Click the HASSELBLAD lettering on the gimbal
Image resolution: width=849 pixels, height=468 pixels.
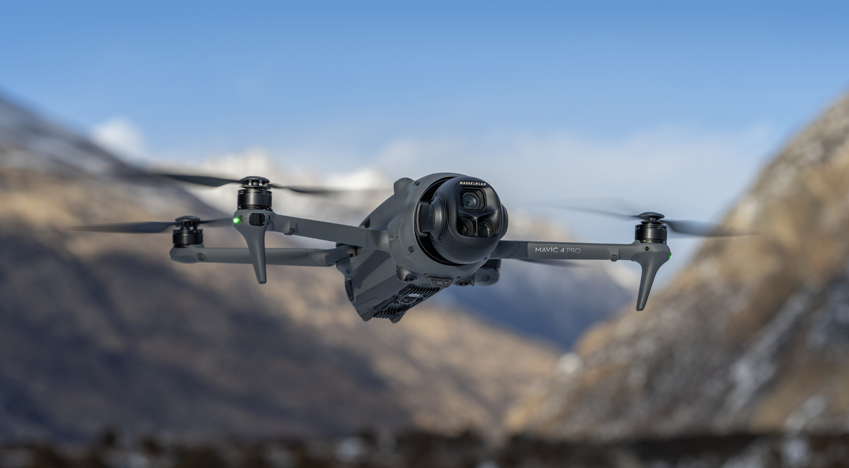click(x=474, y=184)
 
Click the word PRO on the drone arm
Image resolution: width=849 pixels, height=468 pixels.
click(x=574, y=250)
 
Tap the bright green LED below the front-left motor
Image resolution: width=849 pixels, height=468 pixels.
click(x=237, y=219)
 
